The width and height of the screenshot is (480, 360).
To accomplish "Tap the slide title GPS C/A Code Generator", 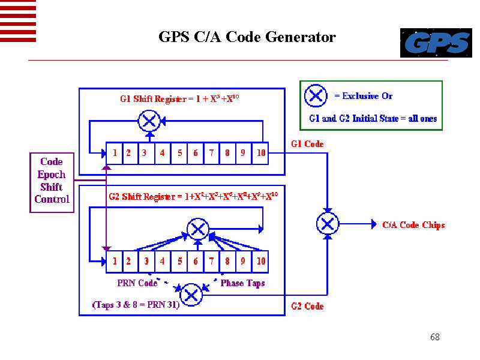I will [x=247, y=37].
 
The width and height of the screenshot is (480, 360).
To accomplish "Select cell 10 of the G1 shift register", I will [x=260, y=153].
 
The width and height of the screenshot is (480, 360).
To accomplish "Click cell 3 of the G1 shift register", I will [x=145, y=153].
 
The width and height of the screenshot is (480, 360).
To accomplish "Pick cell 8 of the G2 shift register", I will [x=227, y=262].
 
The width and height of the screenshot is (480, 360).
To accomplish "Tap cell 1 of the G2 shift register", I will [x=115, y=262].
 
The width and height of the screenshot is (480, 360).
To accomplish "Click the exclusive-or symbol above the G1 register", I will [x=149, y=122].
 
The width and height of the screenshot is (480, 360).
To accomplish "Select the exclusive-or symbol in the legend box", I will [x=316, y=96].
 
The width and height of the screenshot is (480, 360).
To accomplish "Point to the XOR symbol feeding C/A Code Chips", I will [x=327, y=224].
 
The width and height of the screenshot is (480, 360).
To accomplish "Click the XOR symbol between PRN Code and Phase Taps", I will [x=191, y=295].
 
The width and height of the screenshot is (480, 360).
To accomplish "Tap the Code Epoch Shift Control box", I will [x=52, y=181].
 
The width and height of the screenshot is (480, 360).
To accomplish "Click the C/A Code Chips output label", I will [x=413, y=225].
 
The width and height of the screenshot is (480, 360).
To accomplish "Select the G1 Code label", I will [x=307, y=144].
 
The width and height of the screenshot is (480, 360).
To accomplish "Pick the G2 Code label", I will [x=307, y=306].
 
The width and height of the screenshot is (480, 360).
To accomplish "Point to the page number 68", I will [x=435, y=337].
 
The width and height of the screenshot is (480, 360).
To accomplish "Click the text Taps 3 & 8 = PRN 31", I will [x=136, y=305].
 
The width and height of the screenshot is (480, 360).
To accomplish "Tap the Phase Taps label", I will [x=242, y=283].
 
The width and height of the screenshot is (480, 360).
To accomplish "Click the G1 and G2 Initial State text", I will [x=373, y=118].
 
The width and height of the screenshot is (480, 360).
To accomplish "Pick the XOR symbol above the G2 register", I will [x=197, y=229].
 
